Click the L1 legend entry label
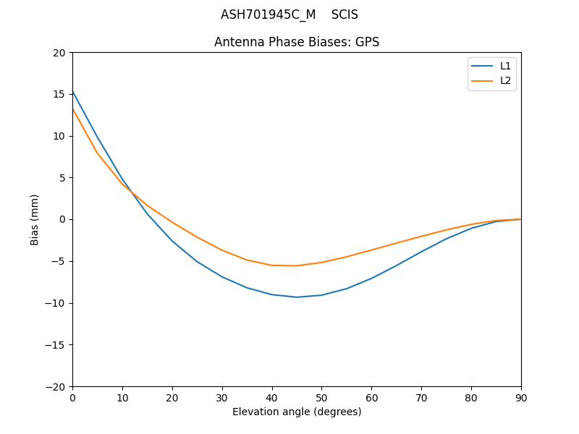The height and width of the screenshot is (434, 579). pos(505,66)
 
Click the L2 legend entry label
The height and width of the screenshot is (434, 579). pos(505,80)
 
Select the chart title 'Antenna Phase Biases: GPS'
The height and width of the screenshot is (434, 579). pos(297,42)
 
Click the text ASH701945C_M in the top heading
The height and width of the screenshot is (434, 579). pos(269,14)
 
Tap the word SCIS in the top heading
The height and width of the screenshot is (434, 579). pos(345,14)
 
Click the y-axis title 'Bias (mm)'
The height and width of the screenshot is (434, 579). pos(35,219)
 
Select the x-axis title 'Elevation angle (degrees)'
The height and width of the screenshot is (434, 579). pos(297,412)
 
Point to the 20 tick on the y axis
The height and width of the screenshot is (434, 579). pos(59,53)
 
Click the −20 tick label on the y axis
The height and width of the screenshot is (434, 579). pos(56,386)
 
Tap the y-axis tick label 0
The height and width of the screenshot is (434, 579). pos(62,219)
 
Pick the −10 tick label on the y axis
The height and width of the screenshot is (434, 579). pos(56,303)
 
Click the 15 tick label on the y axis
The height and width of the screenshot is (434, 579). pos(59,94)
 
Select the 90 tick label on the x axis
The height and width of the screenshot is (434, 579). pos(521,397)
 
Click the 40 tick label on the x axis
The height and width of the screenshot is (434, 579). pos(272,397)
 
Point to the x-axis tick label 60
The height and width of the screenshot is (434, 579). pos(371,397)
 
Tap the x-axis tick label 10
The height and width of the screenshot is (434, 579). pos(122,397)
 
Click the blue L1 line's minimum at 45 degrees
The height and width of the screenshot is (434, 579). pos(297,297)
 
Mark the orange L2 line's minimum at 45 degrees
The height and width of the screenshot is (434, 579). pos(297,265)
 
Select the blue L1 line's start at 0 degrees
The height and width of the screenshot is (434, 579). pos(73,91)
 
